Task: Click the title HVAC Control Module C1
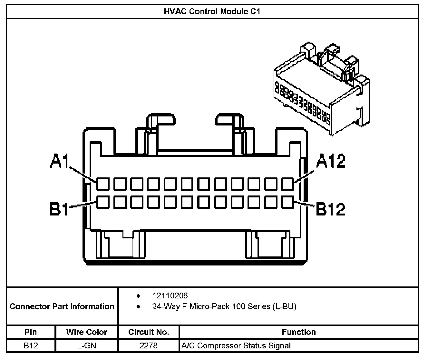(212, 12)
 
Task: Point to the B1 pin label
(59, 209)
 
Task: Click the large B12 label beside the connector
(331, 209)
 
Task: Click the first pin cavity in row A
(103, 184)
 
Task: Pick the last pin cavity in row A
(287, 184)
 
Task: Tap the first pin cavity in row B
(103, 202)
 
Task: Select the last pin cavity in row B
(287, 202)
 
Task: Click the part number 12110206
(170, 295)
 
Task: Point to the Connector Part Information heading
(62, 306)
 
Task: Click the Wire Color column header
(87, 332)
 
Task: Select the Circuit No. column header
(149, 332)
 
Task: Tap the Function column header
(299, 332)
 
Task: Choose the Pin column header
(31, 332)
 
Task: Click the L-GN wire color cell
(87, 346)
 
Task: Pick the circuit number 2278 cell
(149, 346)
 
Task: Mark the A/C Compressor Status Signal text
(236, 346)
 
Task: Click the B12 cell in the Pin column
(31, 346)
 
